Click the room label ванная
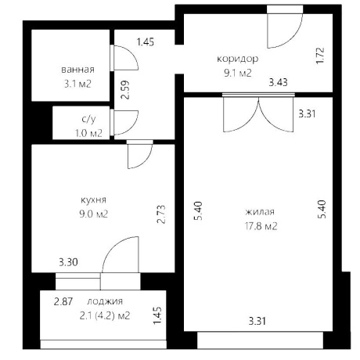tap(77, 70)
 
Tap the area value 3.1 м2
tap(77, 84)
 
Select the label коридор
tap(238, 59)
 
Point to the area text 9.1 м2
tap(238, 73)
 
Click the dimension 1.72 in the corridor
tap(320, 56)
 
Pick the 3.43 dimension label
tap(279, 83)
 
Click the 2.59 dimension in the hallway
tap(125, 89)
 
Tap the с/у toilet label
tap(88, 119)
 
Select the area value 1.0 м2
tap(88, 133)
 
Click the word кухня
tap(93, 200)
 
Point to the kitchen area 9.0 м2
tap(93, 214)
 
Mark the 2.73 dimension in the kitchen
tap(161, 214)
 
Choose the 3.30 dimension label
tap(68, 262)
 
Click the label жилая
tap(260, 211)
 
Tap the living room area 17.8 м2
tap(261, 226)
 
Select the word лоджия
tap(105, 301)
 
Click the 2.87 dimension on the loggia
tap(63, 302)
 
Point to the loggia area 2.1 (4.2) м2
tap(105, 316)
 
